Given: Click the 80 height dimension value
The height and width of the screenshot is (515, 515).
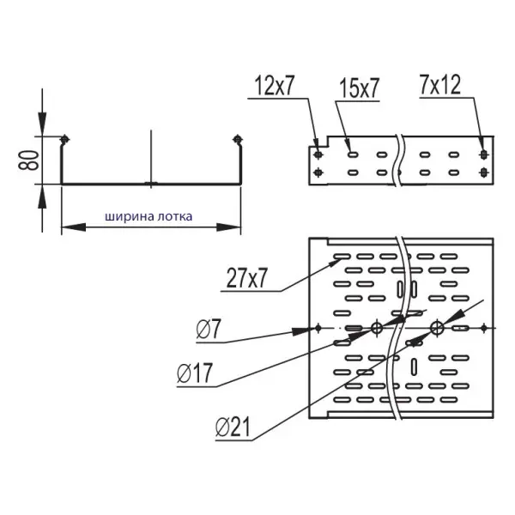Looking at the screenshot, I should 32,160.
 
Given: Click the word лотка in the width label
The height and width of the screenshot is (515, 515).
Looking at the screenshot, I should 174,217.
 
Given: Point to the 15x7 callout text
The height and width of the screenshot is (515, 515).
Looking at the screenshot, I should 359,87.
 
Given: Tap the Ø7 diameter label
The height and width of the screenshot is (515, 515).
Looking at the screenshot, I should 209,328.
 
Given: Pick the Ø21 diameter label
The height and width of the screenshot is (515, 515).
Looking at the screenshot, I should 233,426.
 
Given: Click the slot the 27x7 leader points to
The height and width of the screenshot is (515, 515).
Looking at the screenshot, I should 339,257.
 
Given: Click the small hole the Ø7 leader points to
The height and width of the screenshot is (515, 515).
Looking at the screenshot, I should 318,328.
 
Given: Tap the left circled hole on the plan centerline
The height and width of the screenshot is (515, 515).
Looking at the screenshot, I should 375,327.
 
